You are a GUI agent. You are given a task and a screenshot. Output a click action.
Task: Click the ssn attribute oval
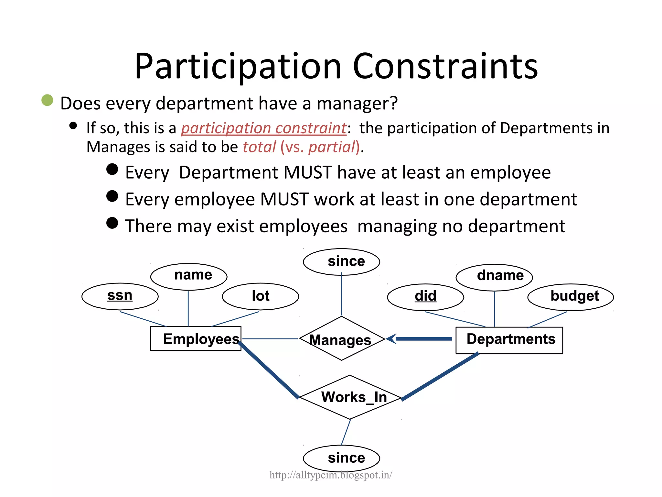click(120, 296)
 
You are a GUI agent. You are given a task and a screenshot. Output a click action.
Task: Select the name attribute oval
click(189, 276)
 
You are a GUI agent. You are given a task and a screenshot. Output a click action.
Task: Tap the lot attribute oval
click(261, 296)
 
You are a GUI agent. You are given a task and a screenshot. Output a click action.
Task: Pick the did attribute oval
click(425, 297)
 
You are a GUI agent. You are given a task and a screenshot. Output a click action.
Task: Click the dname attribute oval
click(494, 277)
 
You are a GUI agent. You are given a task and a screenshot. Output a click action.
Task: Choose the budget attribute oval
click(571, 297)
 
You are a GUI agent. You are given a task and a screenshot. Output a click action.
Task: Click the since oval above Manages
click(341, 262)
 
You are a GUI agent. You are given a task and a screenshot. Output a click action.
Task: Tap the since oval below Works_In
click(341, 458)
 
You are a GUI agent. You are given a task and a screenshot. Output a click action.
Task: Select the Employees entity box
click(196, 338)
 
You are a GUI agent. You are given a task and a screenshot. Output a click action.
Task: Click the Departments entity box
click(509, 340)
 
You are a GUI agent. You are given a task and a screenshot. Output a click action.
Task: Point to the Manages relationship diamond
click(341, 339)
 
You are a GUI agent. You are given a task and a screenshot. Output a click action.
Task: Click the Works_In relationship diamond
click(350, 397)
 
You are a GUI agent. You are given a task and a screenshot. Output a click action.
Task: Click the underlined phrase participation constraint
click(263, 128)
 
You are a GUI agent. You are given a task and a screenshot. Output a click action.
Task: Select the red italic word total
click(259, 147)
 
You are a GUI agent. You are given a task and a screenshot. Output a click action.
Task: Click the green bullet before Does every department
click(47, 100)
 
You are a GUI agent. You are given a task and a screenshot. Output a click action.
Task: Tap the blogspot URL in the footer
click(331, 475)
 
